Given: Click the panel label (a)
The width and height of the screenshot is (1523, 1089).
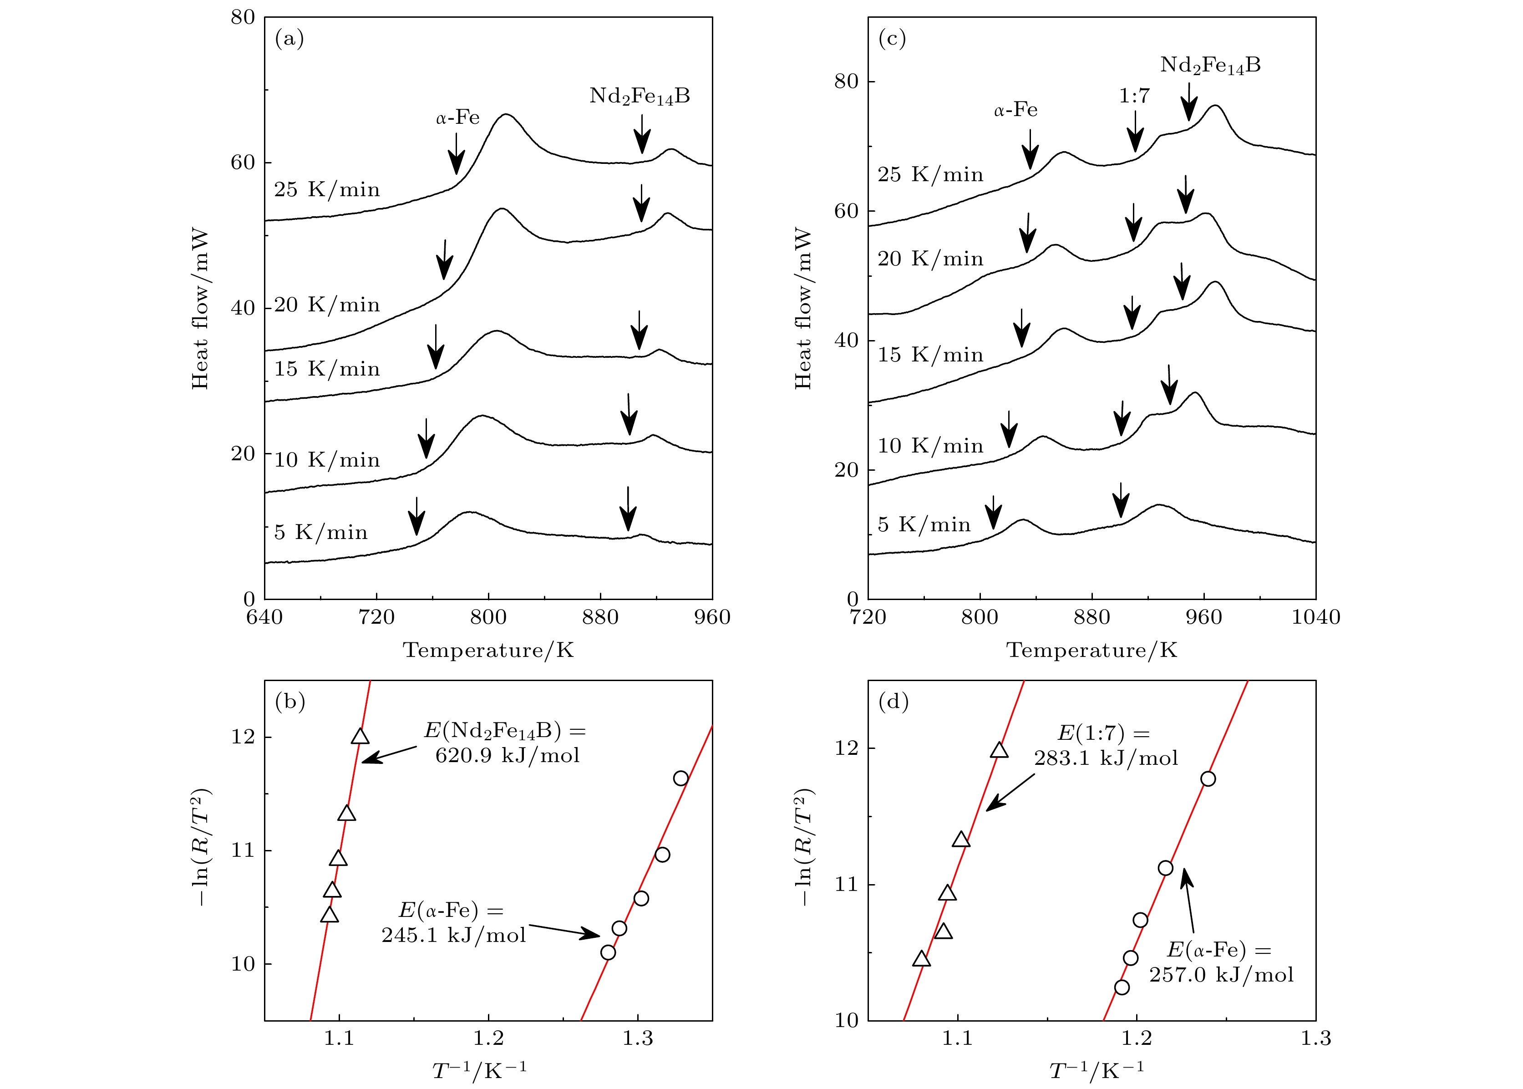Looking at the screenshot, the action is click(x=289, y=39).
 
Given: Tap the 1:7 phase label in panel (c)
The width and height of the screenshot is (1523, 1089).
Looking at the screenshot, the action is click(x=1134, y=97).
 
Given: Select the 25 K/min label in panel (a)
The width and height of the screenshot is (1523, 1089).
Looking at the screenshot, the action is click(x=327, y=190).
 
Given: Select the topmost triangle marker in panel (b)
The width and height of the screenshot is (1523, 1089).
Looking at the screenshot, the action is click(x=360, y=736).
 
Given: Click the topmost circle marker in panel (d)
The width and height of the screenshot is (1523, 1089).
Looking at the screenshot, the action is click(x=1208, y=779).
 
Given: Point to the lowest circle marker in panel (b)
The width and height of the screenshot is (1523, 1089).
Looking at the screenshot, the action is click(x=608, y=952).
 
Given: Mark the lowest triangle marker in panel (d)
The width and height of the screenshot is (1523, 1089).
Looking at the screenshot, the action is click(x=922, y=959).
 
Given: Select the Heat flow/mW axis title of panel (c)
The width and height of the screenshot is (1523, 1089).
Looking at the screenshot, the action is click(x=803, y=309).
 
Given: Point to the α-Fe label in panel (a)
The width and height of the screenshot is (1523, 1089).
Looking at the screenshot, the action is click(x=458, y=118).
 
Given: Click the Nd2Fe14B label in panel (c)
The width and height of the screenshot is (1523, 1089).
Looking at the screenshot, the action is click(x=1211, y=66).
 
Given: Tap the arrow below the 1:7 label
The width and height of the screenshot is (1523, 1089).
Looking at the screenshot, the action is click(x=1135, y=132).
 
